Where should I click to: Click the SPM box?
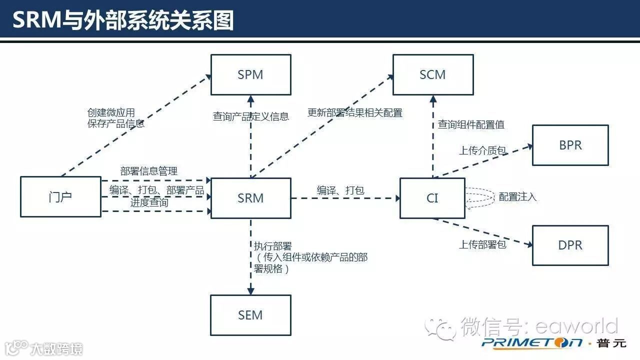[250, 75]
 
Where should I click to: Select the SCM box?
[432, 75]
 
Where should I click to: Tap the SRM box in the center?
[250, 198]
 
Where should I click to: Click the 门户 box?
[60, 196]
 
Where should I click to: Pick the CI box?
[432, 198]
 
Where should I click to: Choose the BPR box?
[570, 145]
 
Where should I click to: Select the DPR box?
[570, 245]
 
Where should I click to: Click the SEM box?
[250, 315]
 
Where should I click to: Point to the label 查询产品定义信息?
[250, 116]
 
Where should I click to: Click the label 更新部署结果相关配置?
[354, 113]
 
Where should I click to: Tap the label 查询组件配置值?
[471, 124]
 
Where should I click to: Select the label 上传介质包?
[482, 150]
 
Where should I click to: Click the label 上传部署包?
[482, 244]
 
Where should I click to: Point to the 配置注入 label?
[517, 197]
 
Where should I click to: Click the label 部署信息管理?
[149, 171]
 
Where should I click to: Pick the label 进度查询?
[149, 202]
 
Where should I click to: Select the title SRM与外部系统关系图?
[123, 21]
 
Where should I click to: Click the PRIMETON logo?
[532, 342]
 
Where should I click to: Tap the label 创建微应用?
[111, 113]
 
